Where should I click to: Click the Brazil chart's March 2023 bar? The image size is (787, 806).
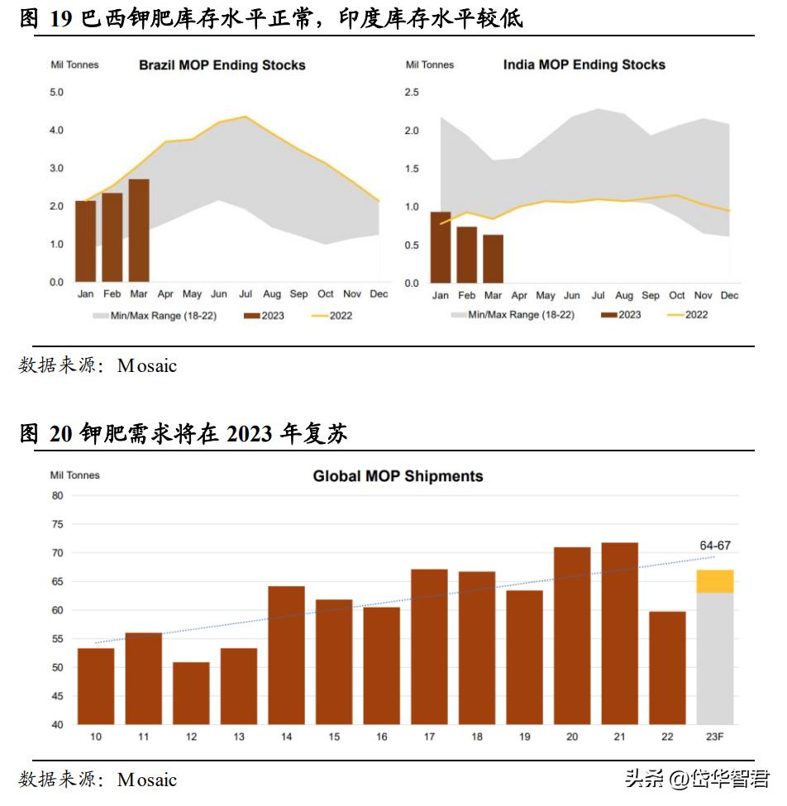pyautogui.click(x=139, y=231)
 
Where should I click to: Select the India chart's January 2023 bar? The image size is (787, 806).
pyautogui.click(x=441, y=247)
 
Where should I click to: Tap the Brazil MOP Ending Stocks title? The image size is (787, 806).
pyautogui.click(x=222, y=65)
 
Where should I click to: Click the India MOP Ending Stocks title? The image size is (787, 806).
pyautogui.click(x=584, y=64)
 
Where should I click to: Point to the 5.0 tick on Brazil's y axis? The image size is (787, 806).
pyautogui.click(x=56, y=92)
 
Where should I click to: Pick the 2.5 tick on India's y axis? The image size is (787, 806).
pyautogui.click(x=411, y=92)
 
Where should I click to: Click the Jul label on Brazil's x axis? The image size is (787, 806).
pyautogui.click(x=246, y=294)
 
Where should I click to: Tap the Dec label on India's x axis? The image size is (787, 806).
pyautogui.click(x=729, y=295)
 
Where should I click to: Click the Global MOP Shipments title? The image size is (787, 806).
pyautogui.click(x=398, y=476)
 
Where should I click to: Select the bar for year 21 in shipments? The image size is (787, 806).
pyautogui.click(x=620, y=633)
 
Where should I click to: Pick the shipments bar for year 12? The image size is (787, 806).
pyautogui.click(x=191, y=693)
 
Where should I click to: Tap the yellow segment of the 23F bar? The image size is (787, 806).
pyautogui.click(x=715, y=581)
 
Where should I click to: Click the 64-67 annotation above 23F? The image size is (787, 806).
pyautogui.click(x=715, y=545)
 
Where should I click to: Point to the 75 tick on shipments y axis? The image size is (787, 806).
pyautogui.click(x=57, y=524)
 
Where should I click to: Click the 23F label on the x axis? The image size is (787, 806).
pyautogui.click(x=715, y=736)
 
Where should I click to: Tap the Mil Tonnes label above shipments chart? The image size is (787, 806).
pyautogui.click(x=74, y=475)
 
